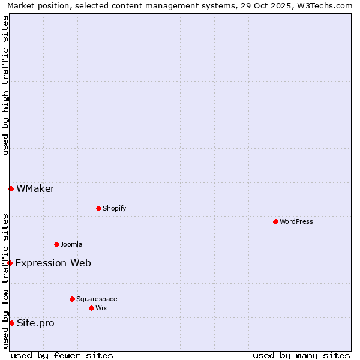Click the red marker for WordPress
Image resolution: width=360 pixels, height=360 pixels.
tap(275, 221)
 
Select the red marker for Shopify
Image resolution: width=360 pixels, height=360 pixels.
tap(98, 208)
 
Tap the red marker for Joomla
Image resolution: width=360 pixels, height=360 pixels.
tap(56, 244)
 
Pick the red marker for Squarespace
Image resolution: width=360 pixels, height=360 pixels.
tap(72, 299)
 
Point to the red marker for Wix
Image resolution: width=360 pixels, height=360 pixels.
tap(91, 308)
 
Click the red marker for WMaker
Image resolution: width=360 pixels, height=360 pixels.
tap(11, 188)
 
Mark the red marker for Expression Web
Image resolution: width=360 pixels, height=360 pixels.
tap(10, 263)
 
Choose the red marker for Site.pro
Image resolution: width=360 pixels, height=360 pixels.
tap(11, 323)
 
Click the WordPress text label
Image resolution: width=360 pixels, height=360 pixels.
tap(296, 221)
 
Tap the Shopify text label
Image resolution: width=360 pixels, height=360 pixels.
tap(114, 208)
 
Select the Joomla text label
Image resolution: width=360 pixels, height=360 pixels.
tap(71, 244)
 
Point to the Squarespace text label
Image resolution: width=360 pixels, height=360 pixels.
tap(97, 299)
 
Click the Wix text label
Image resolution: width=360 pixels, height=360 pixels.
tap(101, 308)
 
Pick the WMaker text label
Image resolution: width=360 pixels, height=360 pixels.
tap(35, 188)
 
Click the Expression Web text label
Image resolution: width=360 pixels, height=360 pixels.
tap(53, 263)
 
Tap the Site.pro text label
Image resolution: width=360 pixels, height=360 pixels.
tap(35, 323)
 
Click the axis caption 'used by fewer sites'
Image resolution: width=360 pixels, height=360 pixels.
tap(62, 355)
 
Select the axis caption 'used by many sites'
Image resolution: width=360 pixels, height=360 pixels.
tap(301, 355)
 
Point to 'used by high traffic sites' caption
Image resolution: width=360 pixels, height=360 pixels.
tap(5, 85)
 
